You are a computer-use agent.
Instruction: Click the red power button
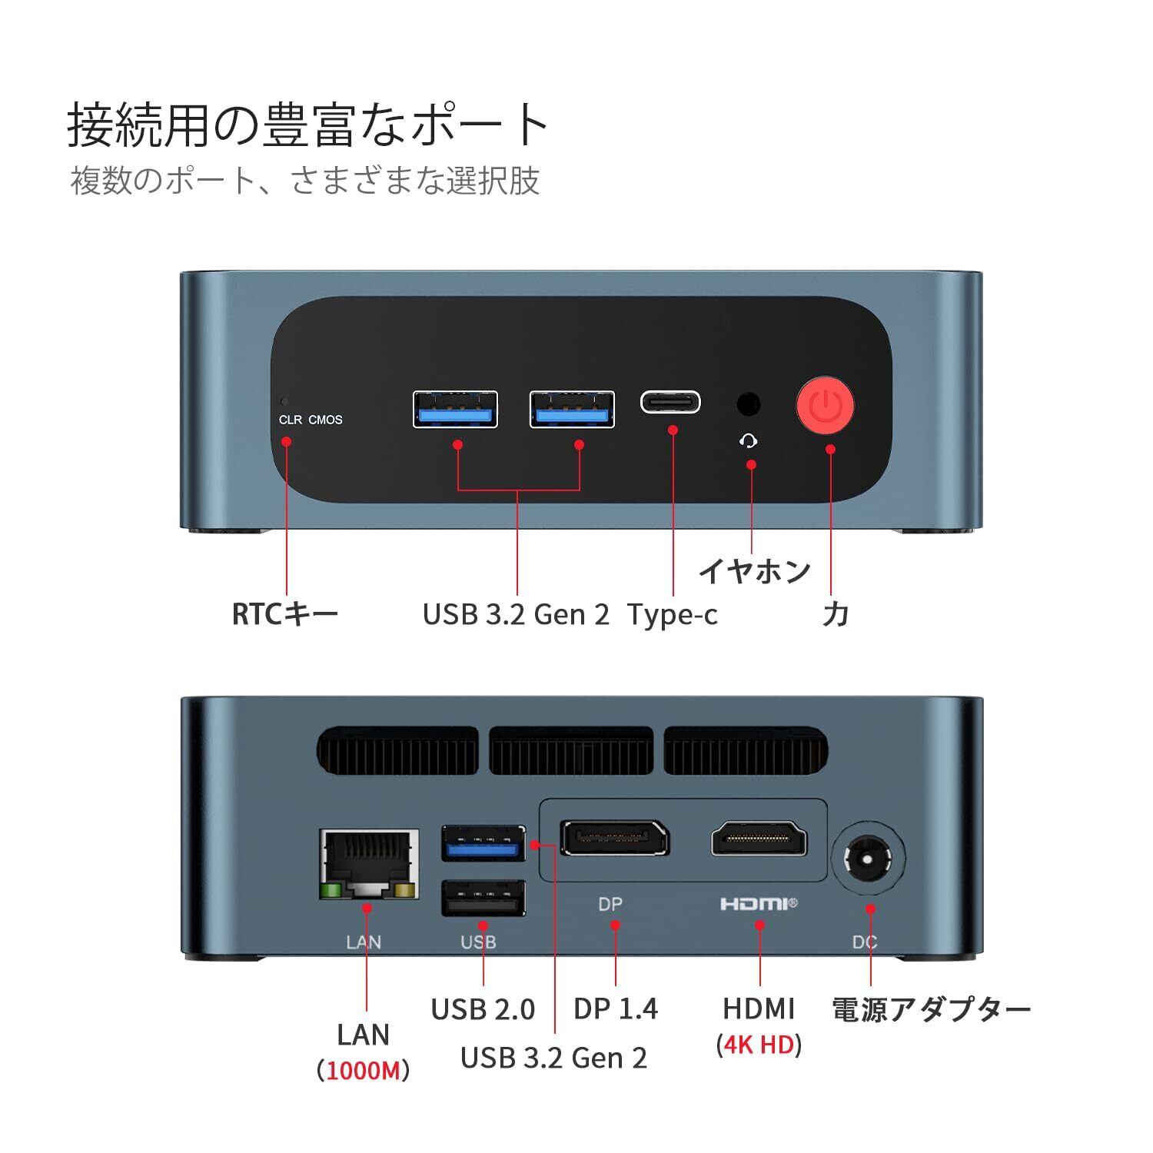[825, 404]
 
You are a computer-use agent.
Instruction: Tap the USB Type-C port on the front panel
[670, 402]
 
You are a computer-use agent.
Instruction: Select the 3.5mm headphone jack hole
[748, 404]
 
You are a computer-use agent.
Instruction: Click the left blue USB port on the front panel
[455, 410]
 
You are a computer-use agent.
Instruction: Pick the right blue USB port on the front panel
[572, 410]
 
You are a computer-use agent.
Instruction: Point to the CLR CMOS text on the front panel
[311, 420]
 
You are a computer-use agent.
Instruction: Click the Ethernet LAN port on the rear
[369, 864]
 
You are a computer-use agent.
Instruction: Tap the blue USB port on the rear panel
[483, 843]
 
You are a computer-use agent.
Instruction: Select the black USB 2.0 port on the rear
[483, 898]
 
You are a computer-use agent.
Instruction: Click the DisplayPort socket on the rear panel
[615, 839]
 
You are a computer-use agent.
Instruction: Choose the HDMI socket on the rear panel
[759, 839]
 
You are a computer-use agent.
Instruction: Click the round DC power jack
[869, 857]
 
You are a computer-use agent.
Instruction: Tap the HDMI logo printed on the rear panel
[759, 904]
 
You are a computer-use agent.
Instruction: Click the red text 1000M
[364, 1070]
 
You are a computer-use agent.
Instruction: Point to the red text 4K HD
[759, 1045]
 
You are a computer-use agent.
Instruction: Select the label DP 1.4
[616, 1009]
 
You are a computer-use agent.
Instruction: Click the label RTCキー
[285, 614]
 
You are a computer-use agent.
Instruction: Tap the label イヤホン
[754, 570]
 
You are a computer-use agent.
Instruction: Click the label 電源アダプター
[931, 1010]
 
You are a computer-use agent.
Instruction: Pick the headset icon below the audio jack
[749, 440]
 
